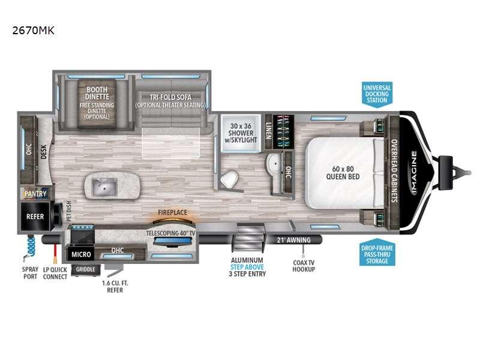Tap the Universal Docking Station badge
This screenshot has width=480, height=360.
coord(377,94)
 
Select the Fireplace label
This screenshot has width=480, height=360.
coord(172,212)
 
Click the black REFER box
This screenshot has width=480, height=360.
coord(35,216)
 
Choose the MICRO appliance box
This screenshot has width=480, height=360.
coord(80,254)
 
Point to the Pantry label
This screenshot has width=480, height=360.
coord(35,194)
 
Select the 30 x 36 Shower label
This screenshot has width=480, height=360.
coord(239,131)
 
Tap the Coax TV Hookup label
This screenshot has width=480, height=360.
coord(304,265)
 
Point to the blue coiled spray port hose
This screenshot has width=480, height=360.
coord(31,246)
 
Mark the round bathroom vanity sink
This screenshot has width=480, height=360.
coord(275,163)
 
